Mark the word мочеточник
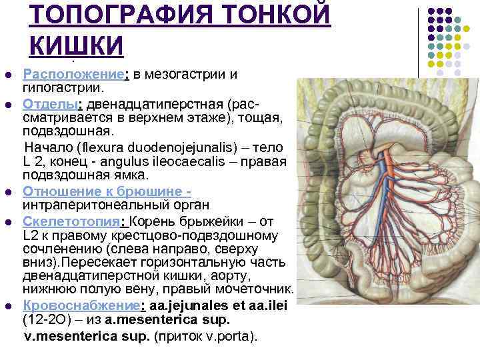pos(260,289)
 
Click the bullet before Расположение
pos(7,74)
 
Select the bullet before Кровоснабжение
pos(7,305)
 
